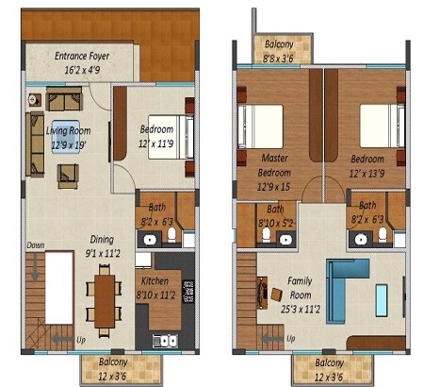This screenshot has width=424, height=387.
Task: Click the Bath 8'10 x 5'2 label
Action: (x=276, y=216)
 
